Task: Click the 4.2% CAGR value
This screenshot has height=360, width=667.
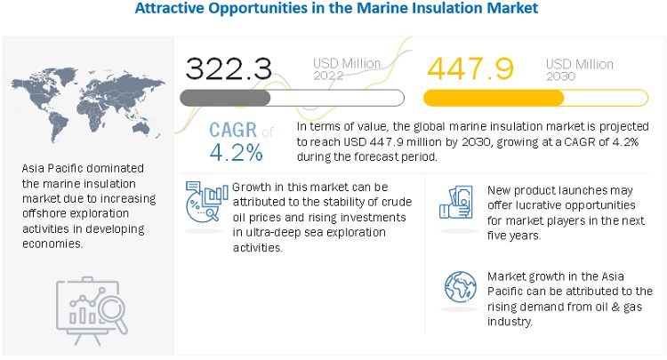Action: coord(236,152)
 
